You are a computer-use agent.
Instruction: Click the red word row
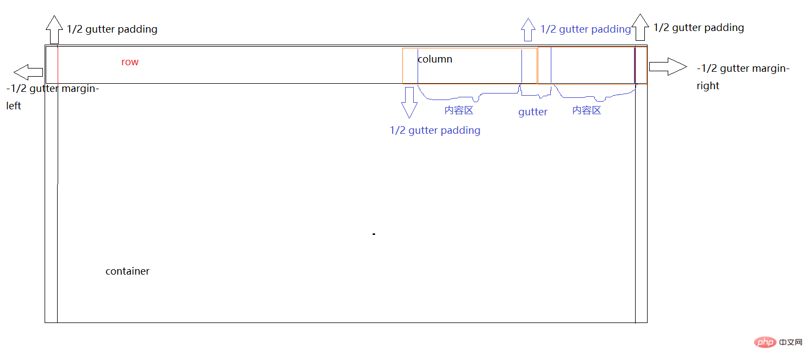click(x=130, y=62)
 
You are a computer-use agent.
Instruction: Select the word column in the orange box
click(x=434, y=59)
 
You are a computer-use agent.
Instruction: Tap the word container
click(x=127, y=271)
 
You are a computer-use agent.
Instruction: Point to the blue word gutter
click(x=533, y=112)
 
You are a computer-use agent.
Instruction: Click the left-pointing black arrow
click(x=28, y=72)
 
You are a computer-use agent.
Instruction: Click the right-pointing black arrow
click(x=668, y=67)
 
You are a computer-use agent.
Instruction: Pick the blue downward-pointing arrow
click(x=409, y=102)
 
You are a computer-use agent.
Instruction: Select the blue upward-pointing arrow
click(x=528, y=29)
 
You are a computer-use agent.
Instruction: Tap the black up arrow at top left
click(x=54, y=29)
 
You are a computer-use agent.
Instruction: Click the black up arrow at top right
click(x=641, y=27)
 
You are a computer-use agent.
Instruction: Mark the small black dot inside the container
click(x=374, y=234)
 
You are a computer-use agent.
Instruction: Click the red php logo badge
click(x=765, y=342)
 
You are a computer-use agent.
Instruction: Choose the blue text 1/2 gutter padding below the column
click(x=435, y=130)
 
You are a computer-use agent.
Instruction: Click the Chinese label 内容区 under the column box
click(x=459, y=110)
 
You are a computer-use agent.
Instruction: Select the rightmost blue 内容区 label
click(x=587, y=110)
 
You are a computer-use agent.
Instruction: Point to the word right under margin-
click(x=708, y=86)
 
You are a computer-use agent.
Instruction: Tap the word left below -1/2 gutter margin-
click(x=14, y=105)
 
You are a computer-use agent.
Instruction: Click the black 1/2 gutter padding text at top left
click(x=112, y=29)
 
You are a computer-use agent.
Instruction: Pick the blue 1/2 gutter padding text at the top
click(x=586, y=29)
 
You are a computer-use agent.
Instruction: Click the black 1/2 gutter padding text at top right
click(x=699, y=28)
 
